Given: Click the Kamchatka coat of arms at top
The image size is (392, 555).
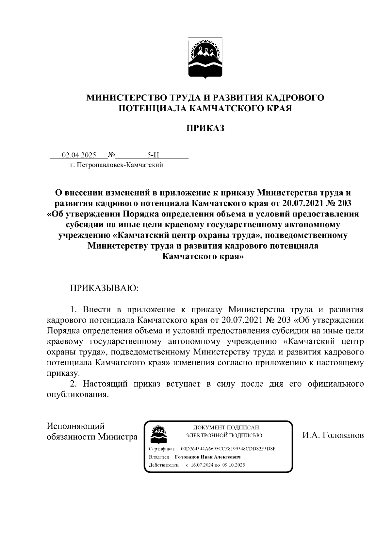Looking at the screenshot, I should [205, 58].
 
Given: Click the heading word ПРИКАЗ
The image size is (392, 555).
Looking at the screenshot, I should [205, 128].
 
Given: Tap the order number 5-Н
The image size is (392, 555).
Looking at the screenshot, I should [153, 155].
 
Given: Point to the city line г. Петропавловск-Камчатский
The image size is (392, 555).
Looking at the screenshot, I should [116, 165].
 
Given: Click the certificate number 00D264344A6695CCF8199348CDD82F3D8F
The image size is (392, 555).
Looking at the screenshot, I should [228, 449].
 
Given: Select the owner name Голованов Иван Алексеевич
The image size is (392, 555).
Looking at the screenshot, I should [208, 457].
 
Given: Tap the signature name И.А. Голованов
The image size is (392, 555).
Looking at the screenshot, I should [333, 436].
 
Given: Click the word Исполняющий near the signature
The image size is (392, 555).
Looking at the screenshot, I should [75, 426].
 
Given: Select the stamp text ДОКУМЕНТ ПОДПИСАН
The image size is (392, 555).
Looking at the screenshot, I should [226, 427].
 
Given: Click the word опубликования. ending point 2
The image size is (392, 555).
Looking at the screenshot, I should [77, 394].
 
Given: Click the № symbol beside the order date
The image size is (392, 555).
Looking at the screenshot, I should [112, 154].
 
